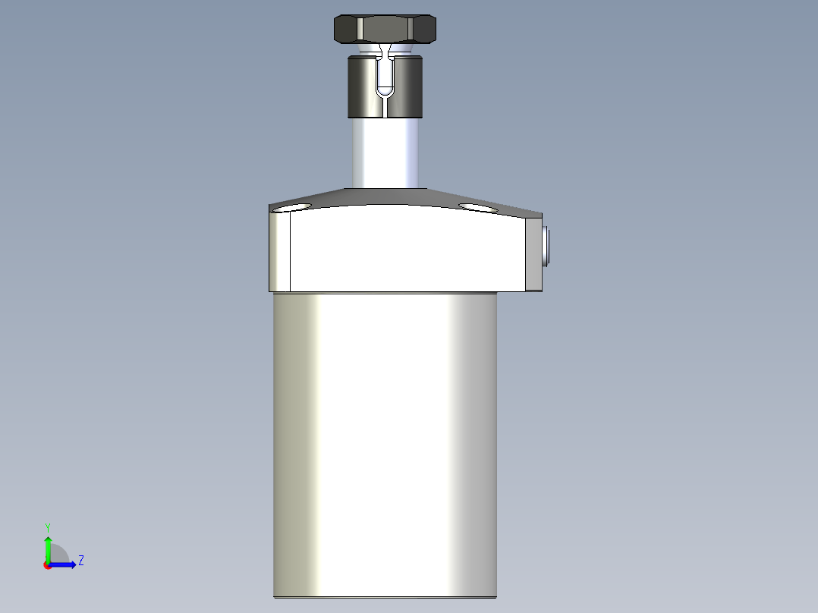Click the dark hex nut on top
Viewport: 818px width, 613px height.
coord(385,29)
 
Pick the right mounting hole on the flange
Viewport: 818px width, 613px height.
coord(477,206)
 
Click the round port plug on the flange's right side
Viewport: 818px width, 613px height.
coord(546,247)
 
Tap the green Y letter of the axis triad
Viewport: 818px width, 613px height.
coord(47,527)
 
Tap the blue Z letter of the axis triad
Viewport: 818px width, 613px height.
coord(80,561)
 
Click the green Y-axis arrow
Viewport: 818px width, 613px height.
coord(47,546)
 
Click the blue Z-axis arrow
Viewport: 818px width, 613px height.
coord(64,564)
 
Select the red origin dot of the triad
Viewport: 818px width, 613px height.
coord(47,564)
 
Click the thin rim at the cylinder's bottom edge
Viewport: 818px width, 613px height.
coord(385,597)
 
